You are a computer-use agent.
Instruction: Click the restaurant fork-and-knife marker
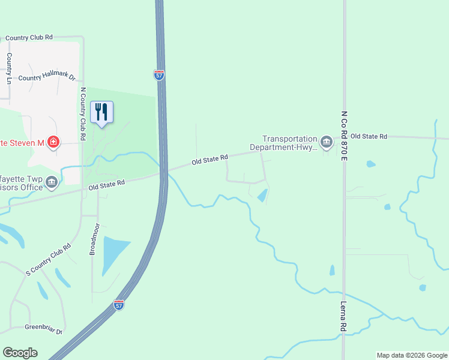(x=101, y=112)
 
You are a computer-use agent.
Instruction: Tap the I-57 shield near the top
(x=158, y=75)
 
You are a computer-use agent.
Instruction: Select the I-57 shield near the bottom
(x=119, y=305)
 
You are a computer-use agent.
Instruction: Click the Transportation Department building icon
(x=326, y=142)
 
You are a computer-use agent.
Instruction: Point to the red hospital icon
(x=54, y=142)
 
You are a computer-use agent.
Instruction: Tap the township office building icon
(x=52, y=182)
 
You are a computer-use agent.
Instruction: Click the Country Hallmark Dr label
(x=47, y=78)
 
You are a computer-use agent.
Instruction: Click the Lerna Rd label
(x=344, y=316)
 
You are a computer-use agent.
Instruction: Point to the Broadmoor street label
(x=93, y=240)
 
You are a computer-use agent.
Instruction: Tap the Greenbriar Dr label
(x=43, y=328)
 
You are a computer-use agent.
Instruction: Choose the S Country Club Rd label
(x=49, y=259)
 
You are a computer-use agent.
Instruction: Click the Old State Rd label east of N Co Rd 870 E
(x=369, y=137)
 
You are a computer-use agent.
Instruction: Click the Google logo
(x=20, y=353)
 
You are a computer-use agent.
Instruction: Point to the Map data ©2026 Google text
(x=411, y=355)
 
